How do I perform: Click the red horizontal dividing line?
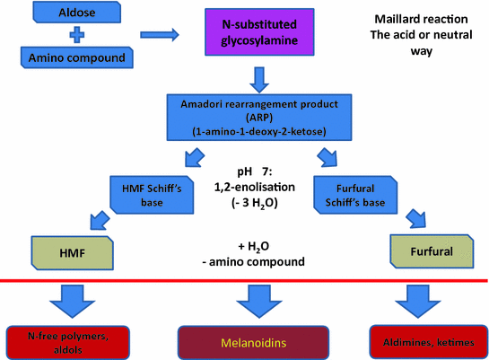click(245, 280)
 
